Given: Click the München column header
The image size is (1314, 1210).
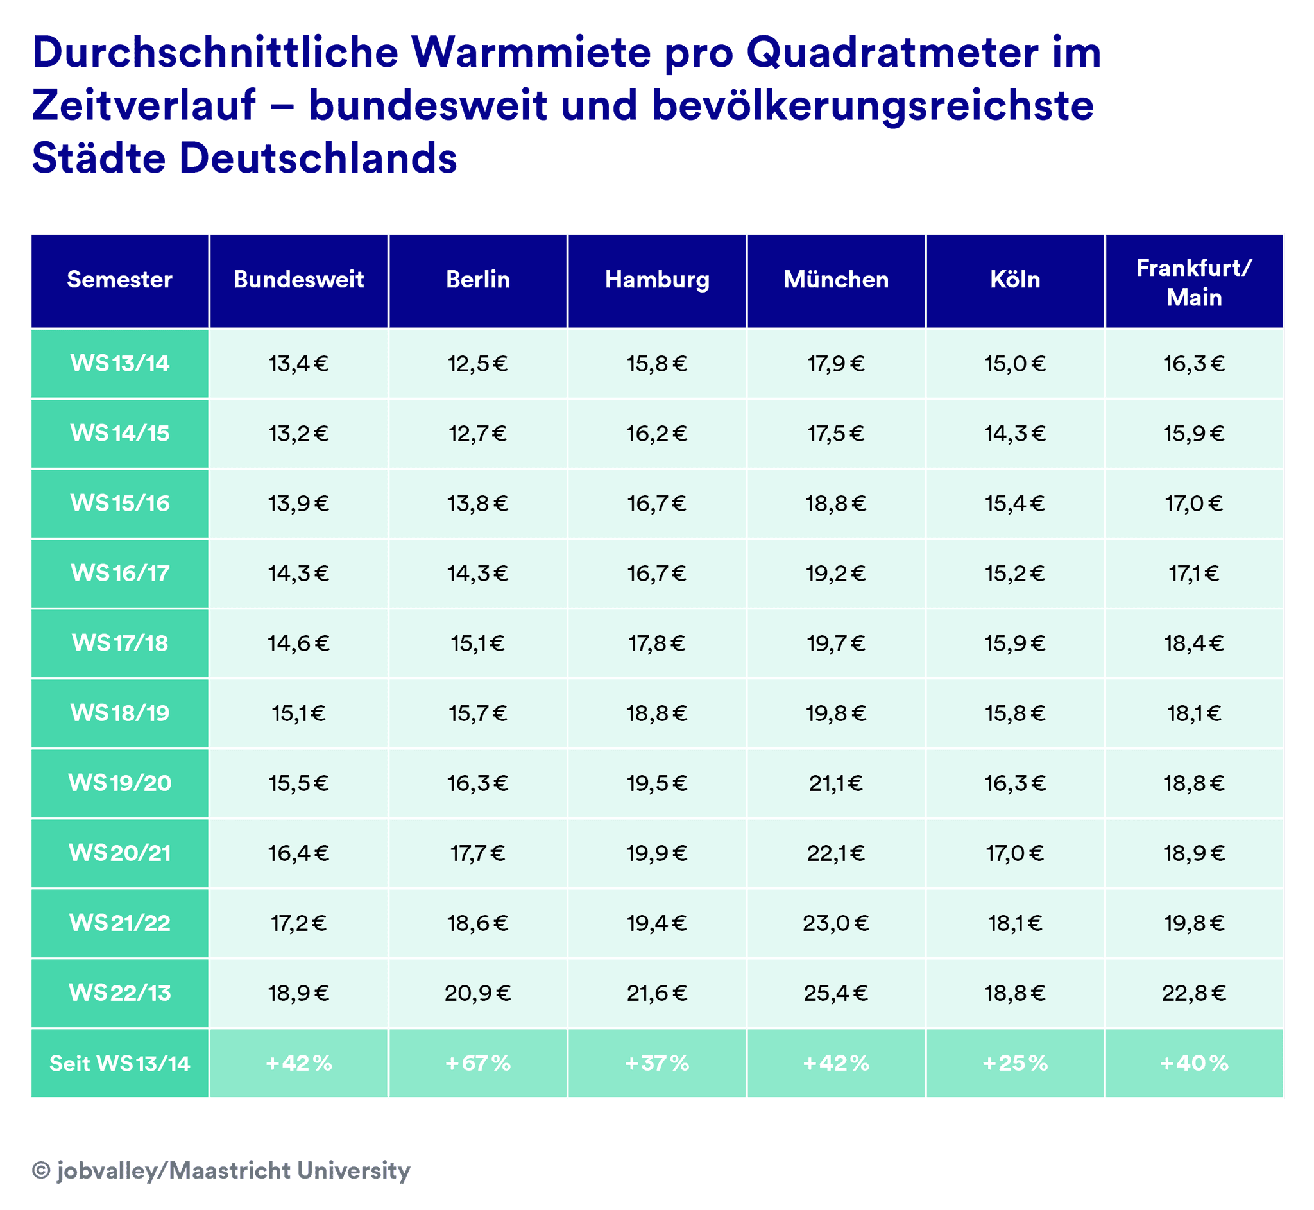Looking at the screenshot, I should pos(836,280).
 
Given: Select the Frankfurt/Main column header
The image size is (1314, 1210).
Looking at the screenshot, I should pos(1194,282).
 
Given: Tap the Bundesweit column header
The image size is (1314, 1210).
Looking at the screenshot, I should pos(298,280).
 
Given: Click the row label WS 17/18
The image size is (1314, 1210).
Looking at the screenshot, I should pos(120,643).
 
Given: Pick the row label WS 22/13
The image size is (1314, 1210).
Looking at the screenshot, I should pos(120,993).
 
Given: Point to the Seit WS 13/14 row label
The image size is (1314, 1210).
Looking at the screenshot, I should pos(120,1063).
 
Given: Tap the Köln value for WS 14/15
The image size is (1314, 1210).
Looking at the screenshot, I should pos(1015,434).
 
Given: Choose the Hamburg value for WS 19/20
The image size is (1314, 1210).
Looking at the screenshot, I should pos(656,784).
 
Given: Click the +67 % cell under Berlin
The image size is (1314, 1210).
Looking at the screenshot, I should pos(477,1063).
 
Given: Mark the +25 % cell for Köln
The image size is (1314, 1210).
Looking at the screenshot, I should pos(1015,1063).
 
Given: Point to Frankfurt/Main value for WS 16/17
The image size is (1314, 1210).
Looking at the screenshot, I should pos(1194,574).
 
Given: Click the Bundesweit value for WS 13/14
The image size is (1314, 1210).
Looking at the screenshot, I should pos(298,364).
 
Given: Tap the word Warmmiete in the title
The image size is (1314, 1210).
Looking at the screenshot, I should pos(531,53).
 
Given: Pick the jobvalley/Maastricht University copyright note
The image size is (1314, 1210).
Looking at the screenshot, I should pos(221,1170).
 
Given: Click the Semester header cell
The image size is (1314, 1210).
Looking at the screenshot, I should pos(120,280).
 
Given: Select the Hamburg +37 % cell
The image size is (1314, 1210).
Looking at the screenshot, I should pos(656,1063).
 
